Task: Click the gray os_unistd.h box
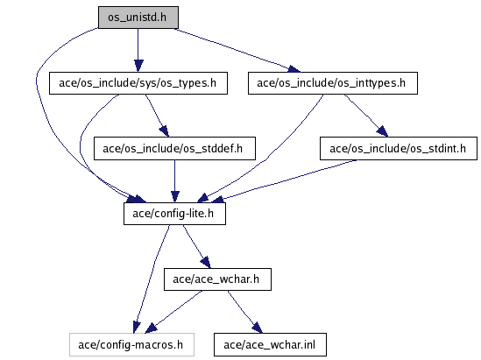pos(138,18)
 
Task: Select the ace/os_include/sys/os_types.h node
pos(138,83)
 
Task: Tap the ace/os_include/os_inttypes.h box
pos(333,83)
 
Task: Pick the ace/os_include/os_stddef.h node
pos(174,148)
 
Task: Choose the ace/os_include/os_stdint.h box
pos(399,148)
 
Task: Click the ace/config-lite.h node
pos(174,214)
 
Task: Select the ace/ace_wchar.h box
pos(217,279)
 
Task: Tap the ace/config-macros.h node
pos(131,344)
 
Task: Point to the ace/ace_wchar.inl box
pos(270,344)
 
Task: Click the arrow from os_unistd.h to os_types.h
pos(138,50)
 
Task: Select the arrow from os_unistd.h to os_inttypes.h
pos(237,50)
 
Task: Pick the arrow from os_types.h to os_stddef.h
pos(157,116)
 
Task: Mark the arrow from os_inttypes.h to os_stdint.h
pos(366,116)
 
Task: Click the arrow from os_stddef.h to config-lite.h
pos(175,181)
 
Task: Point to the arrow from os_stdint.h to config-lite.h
pos(284,181)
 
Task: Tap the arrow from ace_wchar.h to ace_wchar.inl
pos(244,312)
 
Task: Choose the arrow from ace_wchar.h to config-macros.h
pos(173,312)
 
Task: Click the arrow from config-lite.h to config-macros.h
pos(151,279)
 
